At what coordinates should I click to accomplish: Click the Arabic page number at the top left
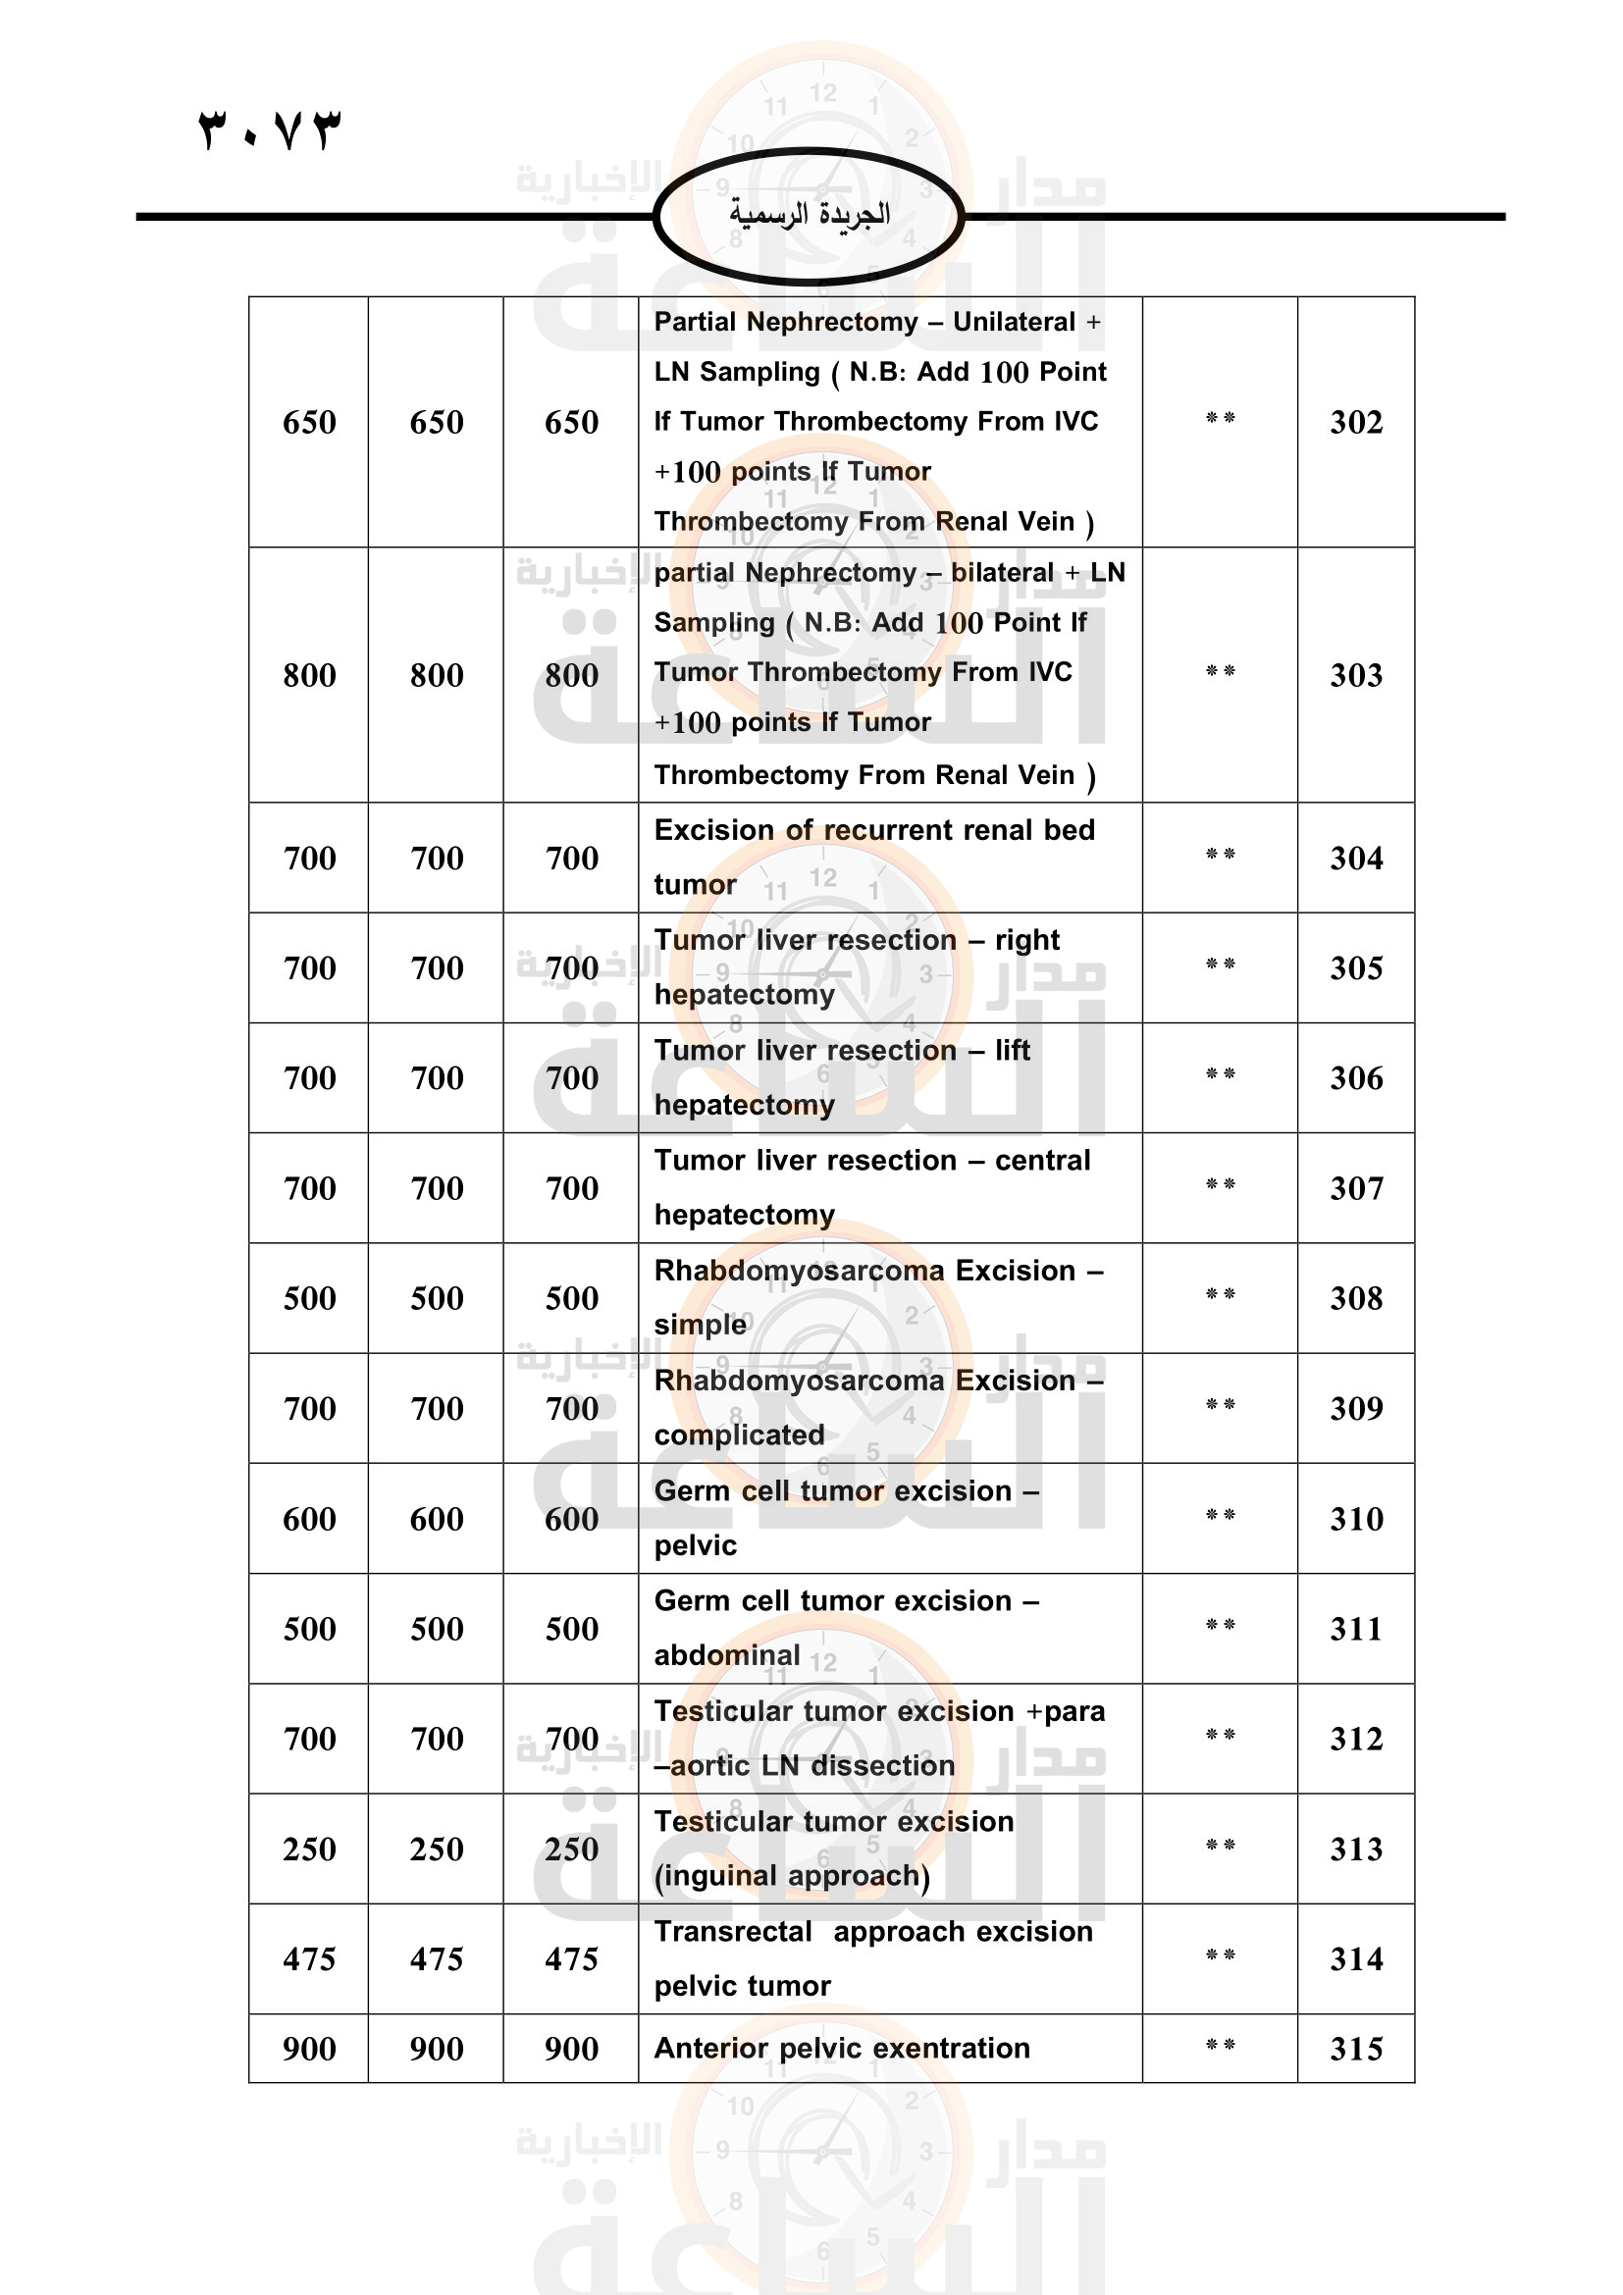coord(270,130)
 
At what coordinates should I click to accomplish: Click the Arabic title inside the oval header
coord(809,214)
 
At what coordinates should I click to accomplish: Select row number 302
coord(1355,422)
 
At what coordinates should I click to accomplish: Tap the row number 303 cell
coord(1355,675)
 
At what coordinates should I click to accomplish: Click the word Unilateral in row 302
coord(1014,322)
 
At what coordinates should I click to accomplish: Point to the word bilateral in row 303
coord(1002,573)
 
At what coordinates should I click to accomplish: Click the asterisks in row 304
coord(1220,855)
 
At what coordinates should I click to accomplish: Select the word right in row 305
coord(1026,940)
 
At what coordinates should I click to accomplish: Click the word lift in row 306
coord(1012,1050)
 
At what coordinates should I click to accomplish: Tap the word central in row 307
coord(1041,1161)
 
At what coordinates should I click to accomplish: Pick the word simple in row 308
coord(700,1326)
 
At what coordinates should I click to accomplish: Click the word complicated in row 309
coord(739,1435)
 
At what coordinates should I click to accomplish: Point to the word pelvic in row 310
coord(695,1545)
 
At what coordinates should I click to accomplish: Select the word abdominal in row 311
coord(726,1655)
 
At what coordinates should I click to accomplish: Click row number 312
coord(1355,1739)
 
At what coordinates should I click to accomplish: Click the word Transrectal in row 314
coord(733,1931)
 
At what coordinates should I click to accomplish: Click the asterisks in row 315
coord(1220,2045)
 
